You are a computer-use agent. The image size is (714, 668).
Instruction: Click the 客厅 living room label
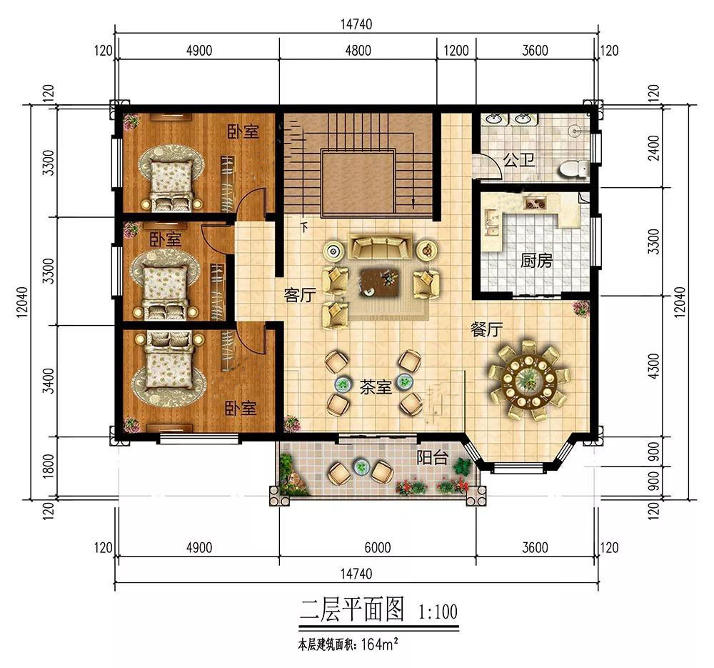click(300, 295)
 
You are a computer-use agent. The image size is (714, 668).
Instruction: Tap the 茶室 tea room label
click(376, 387)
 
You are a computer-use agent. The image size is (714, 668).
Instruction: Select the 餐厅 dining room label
click(486, 329)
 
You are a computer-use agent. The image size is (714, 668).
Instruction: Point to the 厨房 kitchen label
click(536, 261)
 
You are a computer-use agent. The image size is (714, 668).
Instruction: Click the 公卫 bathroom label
click(518, 159)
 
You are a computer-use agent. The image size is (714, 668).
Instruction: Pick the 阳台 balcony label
click(432, 457)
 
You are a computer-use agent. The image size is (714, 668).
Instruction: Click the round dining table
click(529, 380)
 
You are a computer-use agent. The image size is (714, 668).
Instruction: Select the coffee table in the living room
click(380, 282)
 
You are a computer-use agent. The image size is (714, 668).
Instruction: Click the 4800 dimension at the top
click(358, 50)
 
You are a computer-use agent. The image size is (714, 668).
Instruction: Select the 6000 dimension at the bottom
click(378, 547)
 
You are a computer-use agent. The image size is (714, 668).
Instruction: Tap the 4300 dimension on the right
click(653, 366)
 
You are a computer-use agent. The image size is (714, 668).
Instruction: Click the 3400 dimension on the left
click(49, 381)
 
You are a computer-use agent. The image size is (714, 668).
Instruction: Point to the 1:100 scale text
click(438, 611)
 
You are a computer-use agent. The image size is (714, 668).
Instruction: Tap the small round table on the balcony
click(361, 466)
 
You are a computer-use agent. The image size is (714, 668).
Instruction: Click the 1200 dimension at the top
click(456, 50)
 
